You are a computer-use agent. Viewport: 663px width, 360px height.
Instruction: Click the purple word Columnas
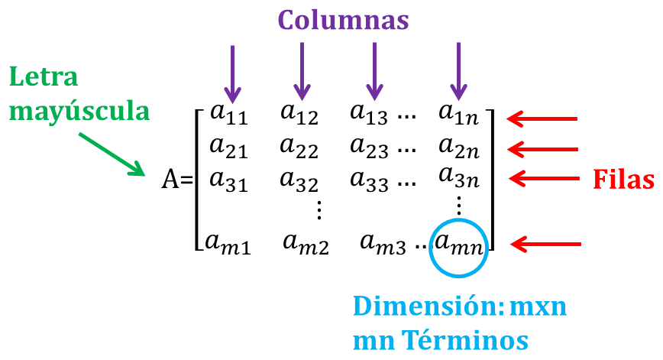click(344, 21)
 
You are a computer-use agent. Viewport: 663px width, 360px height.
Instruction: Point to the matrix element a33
click(369, 180)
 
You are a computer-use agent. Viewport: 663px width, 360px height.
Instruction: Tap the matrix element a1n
click(458, 114)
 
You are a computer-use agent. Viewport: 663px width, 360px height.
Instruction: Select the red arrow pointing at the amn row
click(546, 245)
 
